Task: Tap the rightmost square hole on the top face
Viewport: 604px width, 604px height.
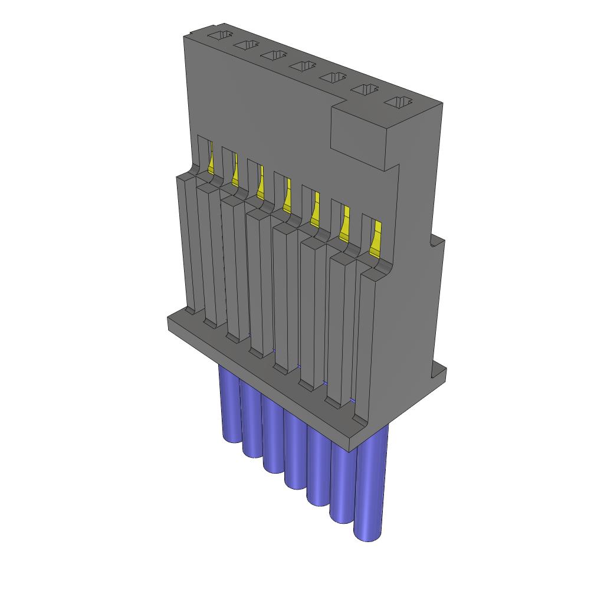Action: point(399,102)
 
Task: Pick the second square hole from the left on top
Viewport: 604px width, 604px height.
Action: point(245,45)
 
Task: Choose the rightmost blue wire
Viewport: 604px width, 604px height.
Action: point(371,484)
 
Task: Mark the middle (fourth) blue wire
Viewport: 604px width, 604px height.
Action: point(295,448)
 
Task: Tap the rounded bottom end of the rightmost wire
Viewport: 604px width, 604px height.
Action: point(367,536)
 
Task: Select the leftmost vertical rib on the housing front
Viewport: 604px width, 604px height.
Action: point(187,242)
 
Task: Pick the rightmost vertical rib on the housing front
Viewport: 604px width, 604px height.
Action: point(366,348)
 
